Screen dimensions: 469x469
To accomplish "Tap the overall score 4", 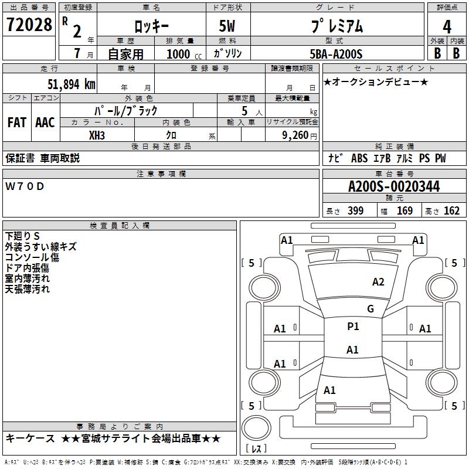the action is pos(447,26).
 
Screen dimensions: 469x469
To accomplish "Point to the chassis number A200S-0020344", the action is pos(393,187).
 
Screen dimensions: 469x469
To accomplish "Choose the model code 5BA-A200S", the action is pos(336,54).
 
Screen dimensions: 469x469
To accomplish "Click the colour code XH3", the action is pos(97,135).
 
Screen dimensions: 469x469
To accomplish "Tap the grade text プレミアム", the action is pos(336,26).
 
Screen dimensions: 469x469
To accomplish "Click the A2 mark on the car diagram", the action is pos(378,282).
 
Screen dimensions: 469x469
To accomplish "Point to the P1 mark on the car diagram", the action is pos(353,327).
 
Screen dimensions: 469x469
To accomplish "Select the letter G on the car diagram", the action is pos(370,309).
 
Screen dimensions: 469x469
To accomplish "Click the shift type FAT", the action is pos(17,123).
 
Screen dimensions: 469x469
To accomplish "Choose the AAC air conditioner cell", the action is pos(45,123).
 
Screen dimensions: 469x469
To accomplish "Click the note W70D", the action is pos(25,186).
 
